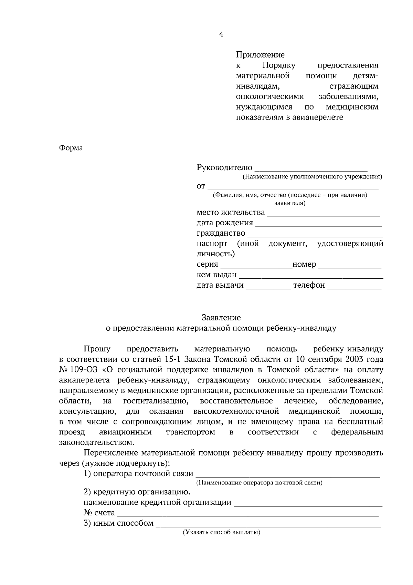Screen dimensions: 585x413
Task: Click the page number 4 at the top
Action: point(221,34)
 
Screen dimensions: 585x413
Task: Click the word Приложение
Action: point(260,55)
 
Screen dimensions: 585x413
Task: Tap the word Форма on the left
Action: point(71,148)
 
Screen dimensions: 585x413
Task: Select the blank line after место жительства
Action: point(323,214)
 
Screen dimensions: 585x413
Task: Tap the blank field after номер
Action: point(350,266)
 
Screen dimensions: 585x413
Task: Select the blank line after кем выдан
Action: point(311,276)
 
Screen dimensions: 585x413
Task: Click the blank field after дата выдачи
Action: point(268,287)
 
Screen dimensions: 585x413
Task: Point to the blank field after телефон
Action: point(354,287)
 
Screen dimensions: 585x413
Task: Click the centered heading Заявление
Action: point(221,318)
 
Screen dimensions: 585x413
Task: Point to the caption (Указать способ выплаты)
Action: point(221,533)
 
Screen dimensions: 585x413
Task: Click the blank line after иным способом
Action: point(268,525)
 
